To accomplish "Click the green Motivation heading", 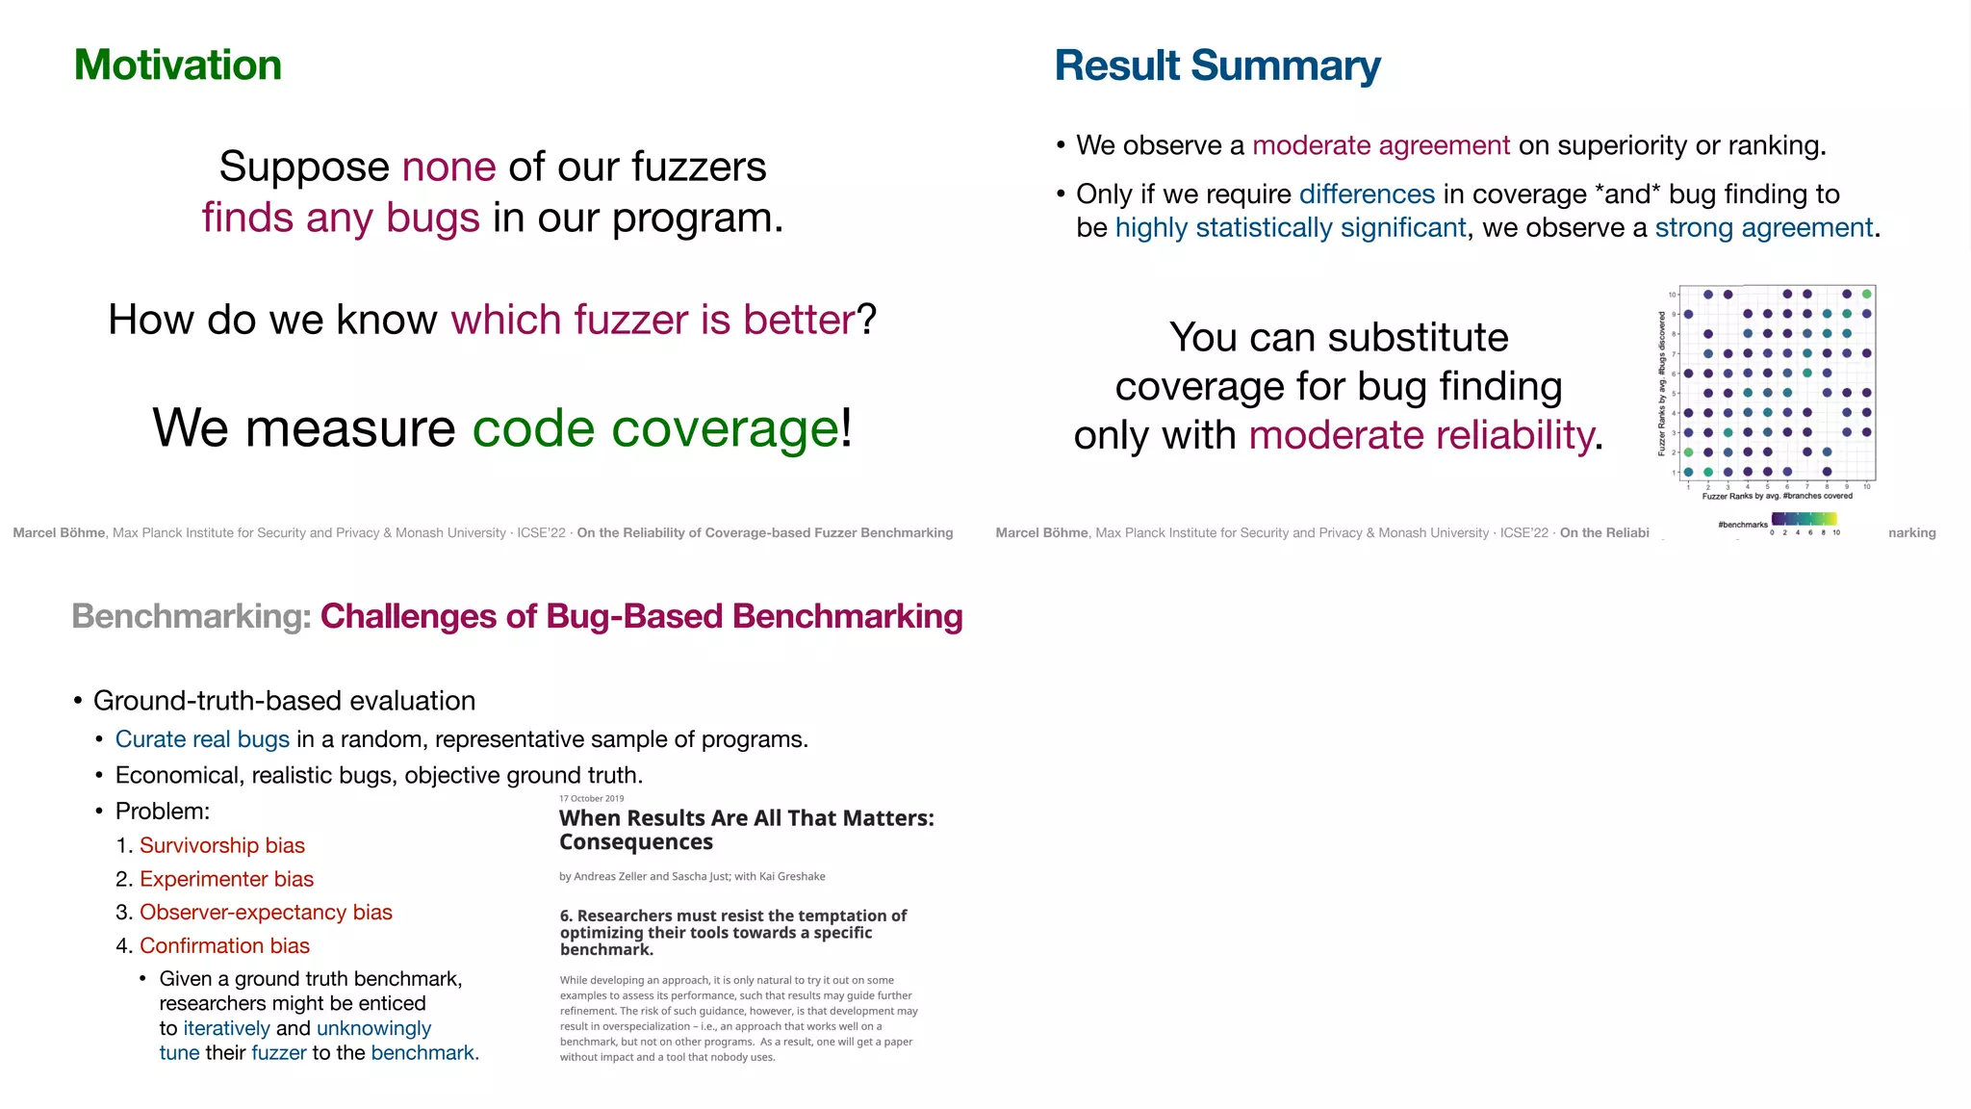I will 178,65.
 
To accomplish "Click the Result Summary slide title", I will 1216,65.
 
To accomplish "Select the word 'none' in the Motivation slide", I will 448,167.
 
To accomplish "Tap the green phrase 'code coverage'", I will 655,427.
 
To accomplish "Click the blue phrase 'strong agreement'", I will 1763,227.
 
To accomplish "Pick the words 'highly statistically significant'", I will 1290,227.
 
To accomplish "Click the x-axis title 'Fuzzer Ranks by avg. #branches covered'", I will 1777,496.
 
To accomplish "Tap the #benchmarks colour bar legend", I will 1805,520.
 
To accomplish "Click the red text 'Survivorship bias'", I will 221,845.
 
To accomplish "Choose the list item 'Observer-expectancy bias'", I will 266,912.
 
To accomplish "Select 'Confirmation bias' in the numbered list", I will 224,945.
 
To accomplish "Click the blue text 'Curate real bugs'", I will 202,739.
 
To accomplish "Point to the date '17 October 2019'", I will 591,798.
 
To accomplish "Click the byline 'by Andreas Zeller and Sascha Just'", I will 691,876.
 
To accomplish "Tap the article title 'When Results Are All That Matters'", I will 746,819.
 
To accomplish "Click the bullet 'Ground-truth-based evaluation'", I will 284,701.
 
